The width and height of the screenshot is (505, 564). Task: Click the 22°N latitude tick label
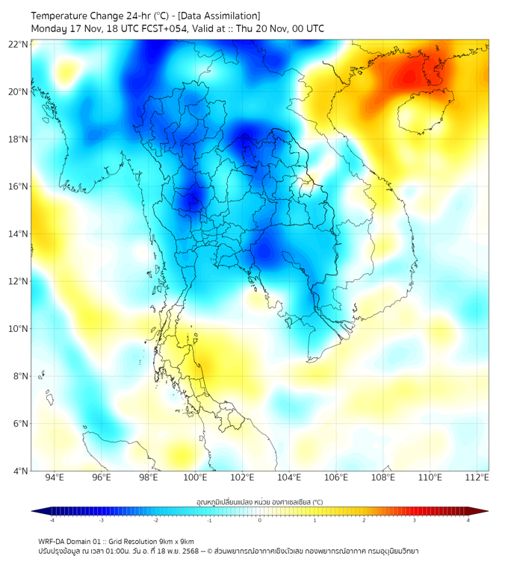pos(19,44)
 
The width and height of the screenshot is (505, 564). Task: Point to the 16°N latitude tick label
pos(19,187)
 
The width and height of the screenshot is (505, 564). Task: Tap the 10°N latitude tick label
pos(19,329)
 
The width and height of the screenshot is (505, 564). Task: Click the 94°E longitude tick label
pos(55,477)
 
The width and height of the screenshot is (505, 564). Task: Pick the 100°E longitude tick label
pos(196,477)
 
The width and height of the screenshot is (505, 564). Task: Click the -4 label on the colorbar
pos(52,520)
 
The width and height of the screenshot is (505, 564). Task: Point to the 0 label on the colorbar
pos(260,520)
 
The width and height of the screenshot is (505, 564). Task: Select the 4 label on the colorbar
pos(468,520)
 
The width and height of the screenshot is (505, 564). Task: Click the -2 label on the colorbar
pos(155,520)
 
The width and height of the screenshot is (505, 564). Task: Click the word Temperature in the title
pos(63,16)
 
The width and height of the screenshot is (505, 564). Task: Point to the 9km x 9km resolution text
pos(174,541)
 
